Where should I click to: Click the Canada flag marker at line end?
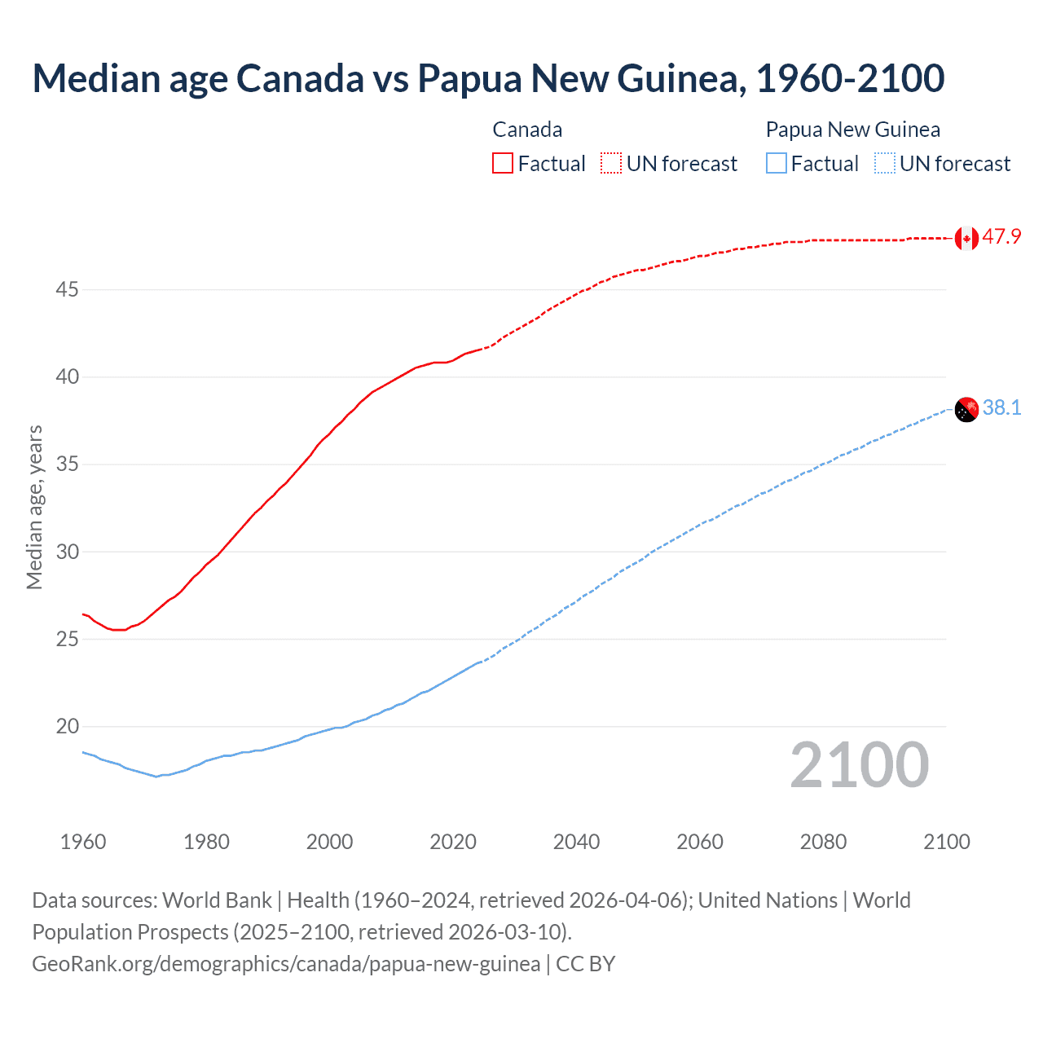coord(966,238)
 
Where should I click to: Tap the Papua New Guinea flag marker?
coord(966,409)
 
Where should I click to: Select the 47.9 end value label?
coord(1001,237)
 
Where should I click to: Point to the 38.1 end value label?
coord(1001,407)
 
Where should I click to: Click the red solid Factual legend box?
coord(503,164)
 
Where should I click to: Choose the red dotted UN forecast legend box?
coord(611,164)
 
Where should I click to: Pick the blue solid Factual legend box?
coord(777,164)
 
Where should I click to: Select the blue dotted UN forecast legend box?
coord(885,164)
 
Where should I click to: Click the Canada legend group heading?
coord(527,130)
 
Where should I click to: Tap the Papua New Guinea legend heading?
coord(852,130)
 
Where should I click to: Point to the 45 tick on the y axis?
coord(68,290)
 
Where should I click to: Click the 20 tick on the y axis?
coord(68,727)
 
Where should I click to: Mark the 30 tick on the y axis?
coord(68,552)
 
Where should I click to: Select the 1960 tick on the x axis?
coord(83,842)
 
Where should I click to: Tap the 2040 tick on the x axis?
coord(576,842)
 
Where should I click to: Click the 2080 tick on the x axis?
coord(823,842)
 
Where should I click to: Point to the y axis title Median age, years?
coord(34,507)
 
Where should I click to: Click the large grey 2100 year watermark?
coord(859,765)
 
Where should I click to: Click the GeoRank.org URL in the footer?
coord(286,964)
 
